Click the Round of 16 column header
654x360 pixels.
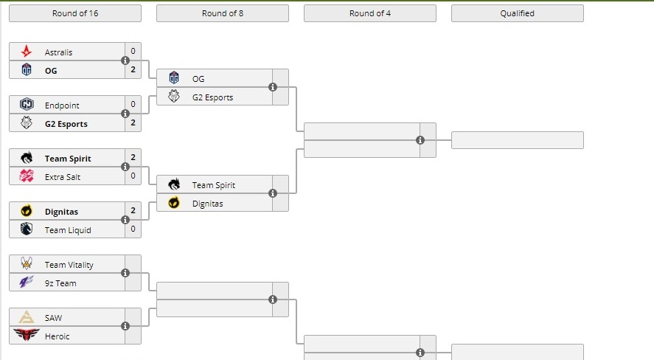[75, 13]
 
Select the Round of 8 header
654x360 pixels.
[223, 13]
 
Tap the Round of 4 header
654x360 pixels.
[370, 13]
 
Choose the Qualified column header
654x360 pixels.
[517, 13]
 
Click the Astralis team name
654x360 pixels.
[58, 52]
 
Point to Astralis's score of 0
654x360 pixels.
[133, 52]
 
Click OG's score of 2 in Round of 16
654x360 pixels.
[133, 70]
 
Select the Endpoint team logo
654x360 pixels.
[27, 105]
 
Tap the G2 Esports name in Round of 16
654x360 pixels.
[66, 124]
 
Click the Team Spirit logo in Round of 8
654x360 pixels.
[174, 185]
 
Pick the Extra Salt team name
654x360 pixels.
[63, 177]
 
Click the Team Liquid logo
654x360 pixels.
[27, 229]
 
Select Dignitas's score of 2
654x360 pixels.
[133, 211]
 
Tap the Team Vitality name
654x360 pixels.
[69, 265]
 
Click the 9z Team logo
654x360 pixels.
[27, 283]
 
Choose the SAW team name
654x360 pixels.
[53, 318]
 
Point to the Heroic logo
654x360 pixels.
[27, 336]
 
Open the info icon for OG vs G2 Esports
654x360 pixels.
[273, 87]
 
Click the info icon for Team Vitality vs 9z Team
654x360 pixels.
[125, 273]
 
